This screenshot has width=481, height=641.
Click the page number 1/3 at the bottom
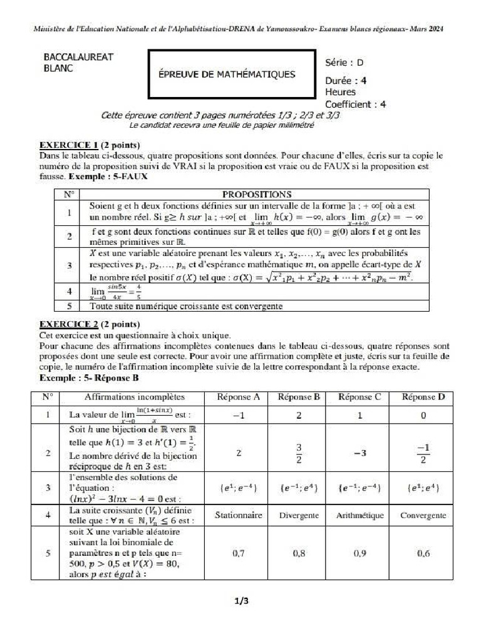click(241, 602)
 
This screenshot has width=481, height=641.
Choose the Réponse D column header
click(423, 397)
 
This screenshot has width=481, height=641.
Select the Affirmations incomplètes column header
click(134, 397)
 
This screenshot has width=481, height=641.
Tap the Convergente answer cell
click(423, 516)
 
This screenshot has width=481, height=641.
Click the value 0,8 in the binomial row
click(299, 554)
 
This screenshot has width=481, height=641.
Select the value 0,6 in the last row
click(423, 554)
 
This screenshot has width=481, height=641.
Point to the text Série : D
click(344, 63)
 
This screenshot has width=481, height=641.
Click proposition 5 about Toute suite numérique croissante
click(186, 307)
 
